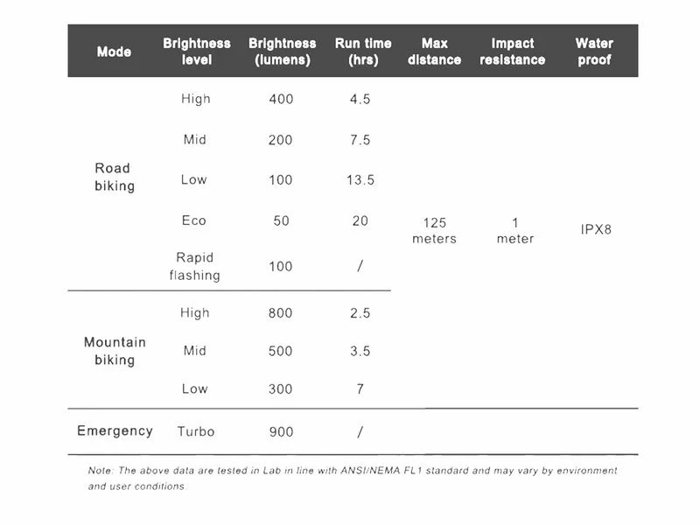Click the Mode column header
pyautogui.click(x=114, y=52)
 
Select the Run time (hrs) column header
pyautogui.click(x=363, y=52)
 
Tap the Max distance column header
pyautogui.click(x=434, y=52)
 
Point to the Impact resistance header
pyautogui.click(x=512, y=52)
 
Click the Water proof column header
pyautogui.click(x=594, y=52)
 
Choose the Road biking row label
pyautogui.click(x=114, y=177)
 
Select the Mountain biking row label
pyautogui.click(x=115, y=351)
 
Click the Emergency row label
pyautogui.click(x=115, y=430)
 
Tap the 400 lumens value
pyautogui.click(x=281, y=99)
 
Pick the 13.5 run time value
pyautogui.click(x=360, y=180)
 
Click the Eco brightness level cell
pyautogui.click(x=194, y=220)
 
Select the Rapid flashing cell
pyautogui.click(x=194, y=266)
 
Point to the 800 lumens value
pyautogui.click(x=281, y=313)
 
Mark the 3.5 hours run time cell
pyautogui.click(x=360, y=351)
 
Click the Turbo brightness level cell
pyautogui.click(x=195, y=431)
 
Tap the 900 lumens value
pyautogui.click(x=281, y=431)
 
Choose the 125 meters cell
pyautogui.click(x=434, y=231)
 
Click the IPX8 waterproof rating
pyautogui.click(x=596, y=230)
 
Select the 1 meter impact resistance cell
pyautogui.click(x=514, y=231)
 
